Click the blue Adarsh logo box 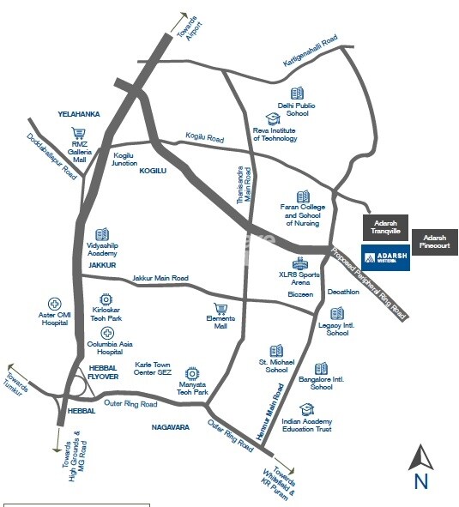[x=385, y=257]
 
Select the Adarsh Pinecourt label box [x=435, y=241]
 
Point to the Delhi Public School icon [x=297, y=93]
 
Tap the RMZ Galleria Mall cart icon [x=80, y=134]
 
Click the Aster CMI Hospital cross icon [x=54, y=304]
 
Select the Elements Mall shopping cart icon [x=220, y=309]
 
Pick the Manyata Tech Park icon [x=192, y=373]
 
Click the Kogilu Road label [x=204, y=137]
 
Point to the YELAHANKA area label [x=79, y=113]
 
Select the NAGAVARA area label [x=170, y=426]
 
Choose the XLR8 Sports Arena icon [x=299, y=263]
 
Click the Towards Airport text [x=190, y=27]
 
